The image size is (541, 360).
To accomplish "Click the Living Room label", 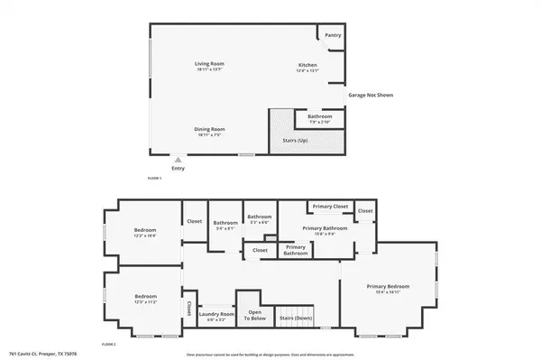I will pos(209,64).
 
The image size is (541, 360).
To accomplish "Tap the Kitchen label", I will pos(308,65).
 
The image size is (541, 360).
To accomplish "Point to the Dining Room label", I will pos(209,129).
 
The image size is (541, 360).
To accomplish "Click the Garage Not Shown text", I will pos(371,95).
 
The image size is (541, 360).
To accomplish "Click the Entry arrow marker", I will pos(177,159).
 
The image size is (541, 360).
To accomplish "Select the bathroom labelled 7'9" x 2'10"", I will pos(319,116).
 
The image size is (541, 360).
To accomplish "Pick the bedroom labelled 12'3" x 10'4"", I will pos(145,231).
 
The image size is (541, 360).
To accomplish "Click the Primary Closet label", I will pos(330,207).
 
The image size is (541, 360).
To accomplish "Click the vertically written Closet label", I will pos(188,307).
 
